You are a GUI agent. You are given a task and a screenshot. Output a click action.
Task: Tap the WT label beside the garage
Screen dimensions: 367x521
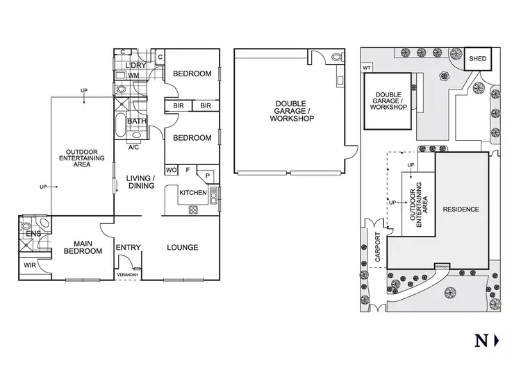pos(366,68)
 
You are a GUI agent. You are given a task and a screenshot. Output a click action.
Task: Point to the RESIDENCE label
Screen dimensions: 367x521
pos(461,209)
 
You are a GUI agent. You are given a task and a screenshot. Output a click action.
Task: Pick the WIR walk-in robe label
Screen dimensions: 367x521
pos(31,264)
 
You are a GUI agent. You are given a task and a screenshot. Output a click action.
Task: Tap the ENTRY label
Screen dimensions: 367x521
pos(129,248)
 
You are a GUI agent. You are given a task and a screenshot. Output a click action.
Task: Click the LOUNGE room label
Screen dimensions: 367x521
pos(183,248)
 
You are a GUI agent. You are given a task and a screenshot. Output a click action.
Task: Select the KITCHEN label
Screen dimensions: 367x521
pos(193,192)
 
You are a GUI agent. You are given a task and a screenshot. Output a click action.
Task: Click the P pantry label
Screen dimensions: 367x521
pos(207,176)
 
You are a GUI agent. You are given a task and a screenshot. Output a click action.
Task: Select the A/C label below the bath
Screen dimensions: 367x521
pos(134,147)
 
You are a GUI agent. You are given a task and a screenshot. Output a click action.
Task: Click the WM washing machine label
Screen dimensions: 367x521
pos(134,75)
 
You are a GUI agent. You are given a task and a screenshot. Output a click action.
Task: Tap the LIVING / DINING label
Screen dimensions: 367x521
pos(140,182)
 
